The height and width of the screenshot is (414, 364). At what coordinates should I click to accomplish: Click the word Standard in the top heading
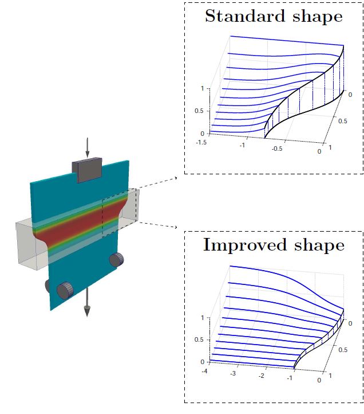(245, 16)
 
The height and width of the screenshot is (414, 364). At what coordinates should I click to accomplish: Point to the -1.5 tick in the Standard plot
(201, 142)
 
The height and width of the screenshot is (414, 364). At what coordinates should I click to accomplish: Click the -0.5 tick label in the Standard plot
(277, 149)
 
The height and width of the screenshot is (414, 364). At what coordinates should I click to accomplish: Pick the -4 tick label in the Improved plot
(204, 371)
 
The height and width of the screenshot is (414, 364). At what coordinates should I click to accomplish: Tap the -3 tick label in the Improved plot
(233, 374)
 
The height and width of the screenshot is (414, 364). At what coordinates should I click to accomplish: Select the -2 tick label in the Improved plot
(261, 376)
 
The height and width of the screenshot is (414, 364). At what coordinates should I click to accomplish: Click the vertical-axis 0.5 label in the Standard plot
(199, 111)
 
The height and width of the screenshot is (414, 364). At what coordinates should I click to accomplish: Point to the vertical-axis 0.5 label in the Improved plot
(199, 339)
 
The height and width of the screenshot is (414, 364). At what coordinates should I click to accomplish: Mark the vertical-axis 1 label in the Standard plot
(202, 88)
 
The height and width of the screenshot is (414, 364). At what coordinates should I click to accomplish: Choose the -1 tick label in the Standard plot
(242, 145)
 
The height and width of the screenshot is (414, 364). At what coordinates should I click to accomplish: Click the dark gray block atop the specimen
(87, 170)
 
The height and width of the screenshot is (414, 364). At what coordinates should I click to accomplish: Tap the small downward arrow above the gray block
(88, 147)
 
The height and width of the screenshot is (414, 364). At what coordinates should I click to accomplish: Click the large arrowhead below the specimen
(87, 311)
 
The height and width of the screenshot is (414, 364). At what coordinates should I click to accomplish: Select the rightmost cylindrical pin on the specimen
(116, 260)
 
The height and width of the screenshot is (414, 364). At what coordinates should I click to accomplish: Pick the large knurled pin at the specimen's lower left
(65, 291)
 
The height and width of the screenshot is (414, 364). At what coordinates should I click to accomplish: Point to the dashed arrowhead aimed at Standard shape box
(176, 178)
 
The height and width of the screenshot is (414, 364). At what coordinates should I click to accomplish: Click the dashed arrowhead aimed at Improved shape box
(176, 227)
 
